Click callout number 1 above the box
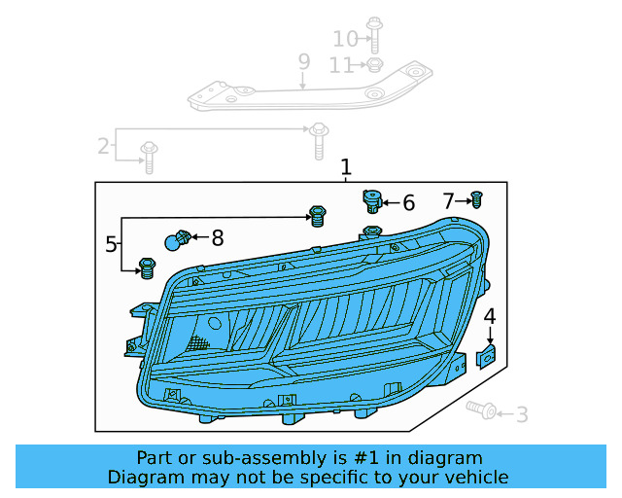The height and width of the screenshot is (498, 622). pos(346,168)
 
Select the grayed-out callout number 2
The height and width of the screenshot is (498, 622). pos(103,147)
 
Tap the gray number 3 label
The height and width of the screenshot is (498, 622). pos(522,415)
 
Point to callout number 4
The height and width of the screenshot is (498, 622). pos(490,316)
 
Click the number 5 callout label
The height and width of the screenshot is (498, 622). pos(112,243)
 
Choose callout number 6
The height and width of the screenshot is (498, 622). pos(408,203)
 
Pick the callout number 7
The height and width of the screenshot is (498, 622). pos(449,201)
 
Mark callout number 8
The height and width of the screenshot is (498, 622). pos(217,237)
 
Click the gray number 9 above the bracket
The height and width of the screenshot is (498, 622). pos(304,62)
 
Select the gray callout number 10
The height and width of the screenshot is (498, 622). pos(345,39)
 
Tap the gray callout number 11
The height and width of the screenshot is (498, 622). pos(340,66)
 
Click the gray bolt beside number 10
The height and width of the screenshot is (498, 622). pos(373,34)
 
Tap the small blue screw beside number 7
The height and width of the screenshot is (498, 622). pos(476,199)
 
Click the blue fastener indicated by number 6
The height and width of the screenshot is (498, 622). pos(371,201)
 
